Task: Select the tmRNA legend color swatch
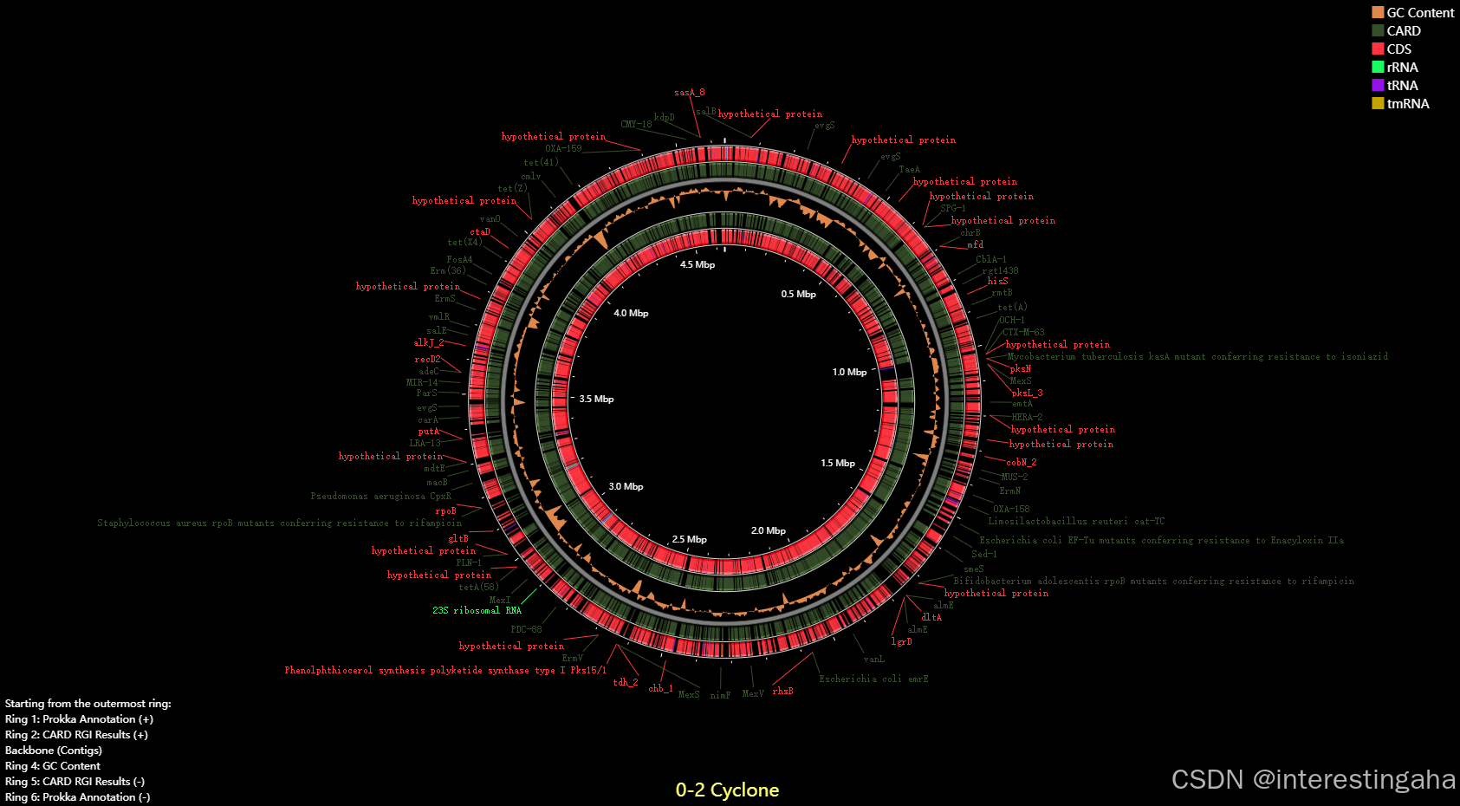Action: coord(1378,104)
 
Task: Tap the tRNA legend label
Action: coord(1402,86)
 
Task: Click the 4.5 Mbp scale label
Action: coord(698,265)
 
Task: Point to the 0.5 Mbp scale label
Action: coord(798,295)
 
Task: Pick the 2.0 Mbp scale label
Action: coord(769,531)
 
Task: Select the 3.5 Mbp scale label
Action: coord(596,400)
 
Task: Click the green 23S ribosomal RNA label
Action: coord(477,611)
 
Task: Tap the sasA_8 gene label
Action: coord(690,93)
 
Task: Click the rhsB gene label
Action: coord(782,692)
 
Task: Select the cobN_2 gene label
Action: coord(1021,463)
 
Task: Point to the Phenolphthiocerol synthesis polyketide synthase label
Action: coord(445,671)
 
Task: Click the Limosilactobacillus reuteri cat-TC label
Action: coord(1076,522)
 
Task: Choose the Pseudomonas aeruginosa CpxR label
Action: coord(381,497)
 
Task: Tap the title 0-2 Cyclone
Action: coord(727,790)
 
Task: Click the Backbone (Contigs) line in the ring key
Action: coord(54,751)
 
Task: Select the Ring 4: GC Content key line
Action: coord(53,766)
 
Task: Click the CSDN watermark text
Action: coord(1313,779)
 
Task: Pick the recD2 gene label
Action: coord(427,360)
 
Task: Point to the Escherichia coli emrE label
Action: coord(873,679)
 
